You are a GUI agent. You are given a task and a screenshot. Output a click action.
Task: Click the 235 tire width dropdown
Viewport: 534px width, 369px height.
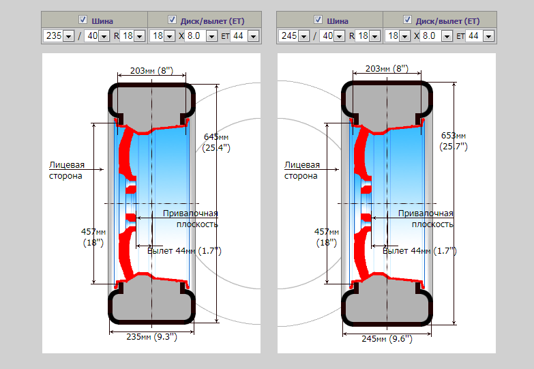pyautogui.click(x=59, y=35)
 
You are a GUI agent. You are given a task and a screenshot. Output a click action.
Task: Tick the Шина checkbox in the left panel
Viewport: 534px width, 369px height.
pyautogui.click(x=83, y=19)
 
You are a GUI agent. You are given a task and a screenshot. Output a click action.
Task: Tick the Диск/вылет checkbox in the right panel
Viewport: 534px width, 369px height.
pyautogui.click(x=408, y=19)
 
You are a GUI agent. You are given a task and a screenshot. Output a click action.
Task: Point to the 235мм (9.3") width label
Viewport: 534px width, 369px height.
pyautogui.click(x=151, y=336)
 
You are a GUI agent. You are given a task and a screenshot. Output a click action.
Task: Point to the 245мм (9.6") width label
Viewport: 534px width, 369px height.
pyautogui.click(x=387, y=338)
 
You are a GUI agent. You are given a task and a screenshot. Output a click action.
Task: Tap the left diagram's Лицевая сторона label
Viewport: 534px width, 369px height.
pyautogui.click(x=66, y=170)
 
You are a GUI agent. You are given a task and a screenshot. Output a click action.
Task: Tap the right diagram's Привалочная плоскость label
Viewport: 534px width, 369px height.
pyautogui.click(x=432, y=218)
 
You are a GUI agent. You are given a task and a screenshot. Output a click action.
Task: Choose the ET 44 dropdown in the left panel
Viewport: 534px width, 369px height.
pyautogui.click(x=244, y=35)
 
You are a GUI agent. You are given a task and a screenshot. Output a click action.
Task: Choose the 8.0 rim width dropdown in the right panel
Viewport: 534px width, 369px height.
pyautogui.click(x=438, y=35)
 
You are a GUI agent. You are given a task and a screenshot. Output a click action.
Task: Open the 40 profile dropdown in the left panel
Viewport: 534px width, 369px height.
pyautogui.click(x=96, y=35)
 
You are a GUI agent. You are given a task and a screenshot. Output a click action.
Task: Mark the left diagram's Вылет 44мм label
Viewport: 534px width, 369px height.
pyautogui.click(x=184, y=251)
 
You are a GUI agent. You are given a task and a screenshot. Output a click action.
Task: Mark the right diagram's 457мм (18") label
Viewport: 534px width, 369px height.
pyautogui.click(x=326, y=237)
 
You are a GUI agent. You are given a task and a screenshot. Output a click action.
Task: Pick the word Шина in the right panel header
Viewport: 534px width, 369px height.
pyautogui.click(x=337, y=20)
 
